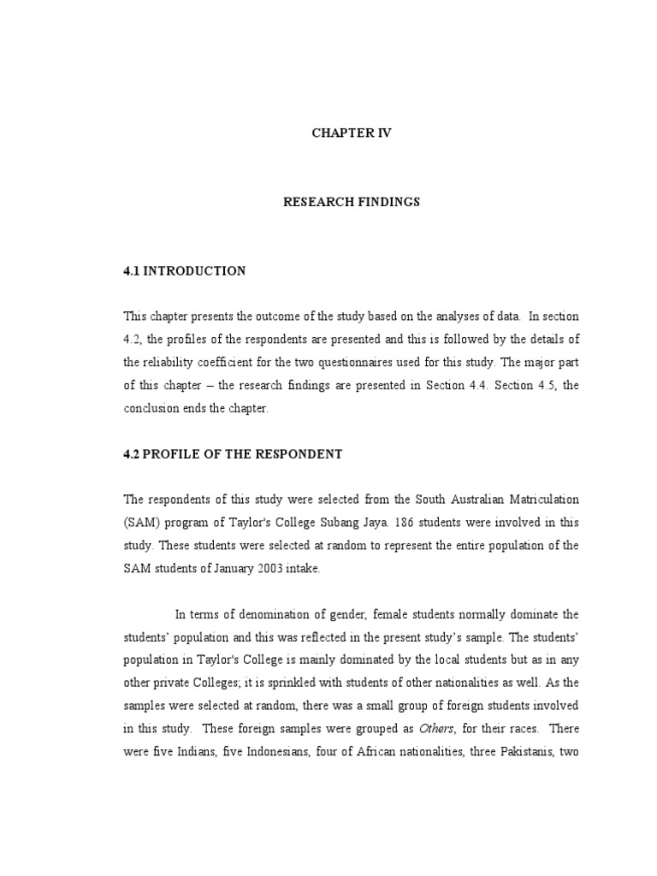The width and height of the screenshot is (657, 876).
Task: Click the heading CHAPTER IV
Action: click(x=352, y=133)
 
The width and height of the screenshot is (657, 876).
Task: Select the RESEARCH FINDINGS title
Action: click(x=352, y=203)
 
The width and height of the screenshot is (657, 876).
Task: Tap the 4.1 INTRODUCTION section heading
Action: click(x=185, y=271)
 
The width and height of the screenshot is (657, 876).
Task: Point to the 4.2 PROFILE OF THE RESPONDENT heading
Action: click(x=233, y=454)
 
